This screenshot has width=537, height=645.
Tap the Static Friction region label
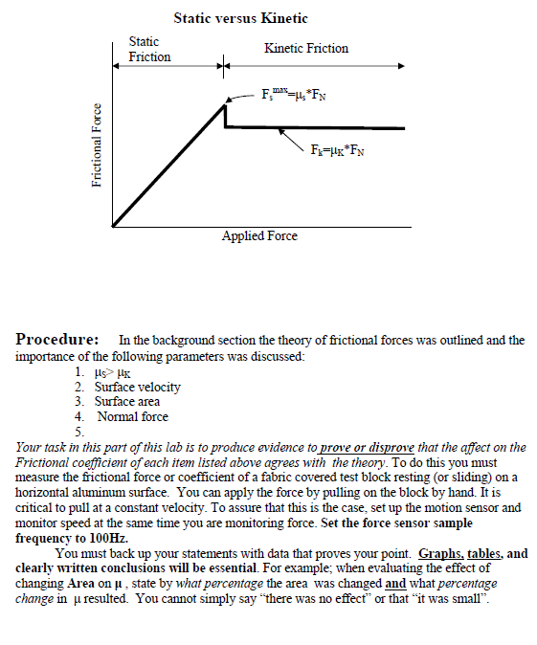[149, 49]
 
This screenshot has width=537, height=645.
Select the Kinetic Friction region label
[305, 48]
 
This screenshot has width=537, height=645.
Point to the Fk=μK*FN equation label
[338, 150]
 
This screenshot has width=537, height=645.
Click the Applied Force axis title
[259, 235]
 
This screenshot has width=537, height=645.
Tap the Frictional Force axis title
[96, 147]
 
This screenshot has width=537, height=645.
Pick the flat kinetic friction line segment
[316, 127]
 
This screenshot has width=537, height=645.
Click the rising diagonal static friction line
[168, 166]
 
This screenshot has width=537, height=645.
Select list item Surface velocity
[137, 387]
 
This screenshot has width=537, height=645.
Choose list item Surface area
[127, 401]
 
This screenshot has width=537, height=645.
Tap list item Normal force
[131, 416]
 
